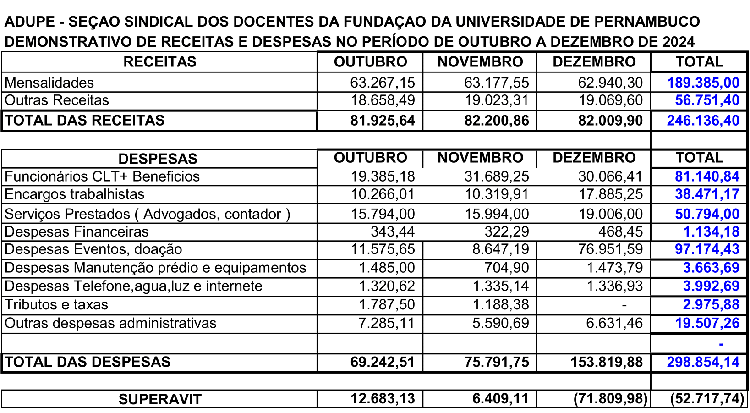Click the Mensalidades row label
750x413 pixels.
point(49,83)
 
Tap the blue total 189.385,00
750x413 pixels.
point(703,83)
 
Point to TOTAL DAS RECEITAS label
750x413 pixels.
point(85,121)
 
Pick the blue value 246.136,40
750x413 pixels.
point(703,121)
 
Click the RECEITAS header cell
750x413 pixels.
point(159,62)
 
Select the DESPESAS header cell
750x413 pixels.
point(158,159)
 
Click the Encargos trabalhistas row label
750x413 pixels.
point(75,194)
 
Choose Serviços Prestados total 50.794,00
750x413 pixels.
point(707,214)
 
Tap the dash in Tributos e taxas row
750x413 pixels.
point(624,305)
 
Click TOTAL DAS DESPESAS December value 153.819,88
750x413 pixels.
point(606,362)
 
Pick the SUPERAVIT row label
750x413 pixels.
point(159,399)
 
